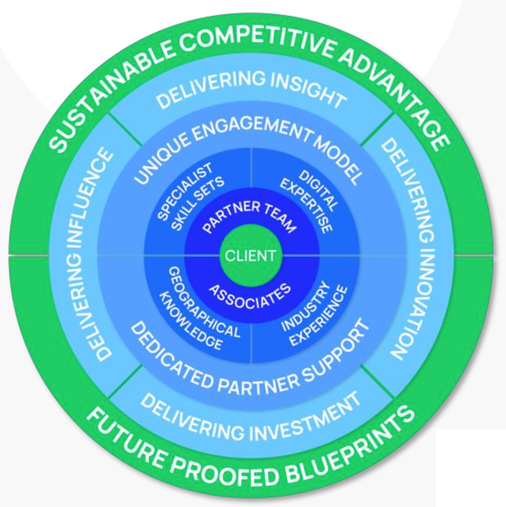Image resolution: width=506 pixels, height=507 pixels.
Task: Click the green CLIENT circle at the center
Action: coord(250,255)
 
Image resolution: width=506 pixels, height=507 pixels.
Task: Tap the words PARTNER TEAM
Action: coord(250,215)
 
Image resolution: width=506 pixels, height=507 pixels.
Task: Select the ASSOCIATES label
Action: coord(250,296)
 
